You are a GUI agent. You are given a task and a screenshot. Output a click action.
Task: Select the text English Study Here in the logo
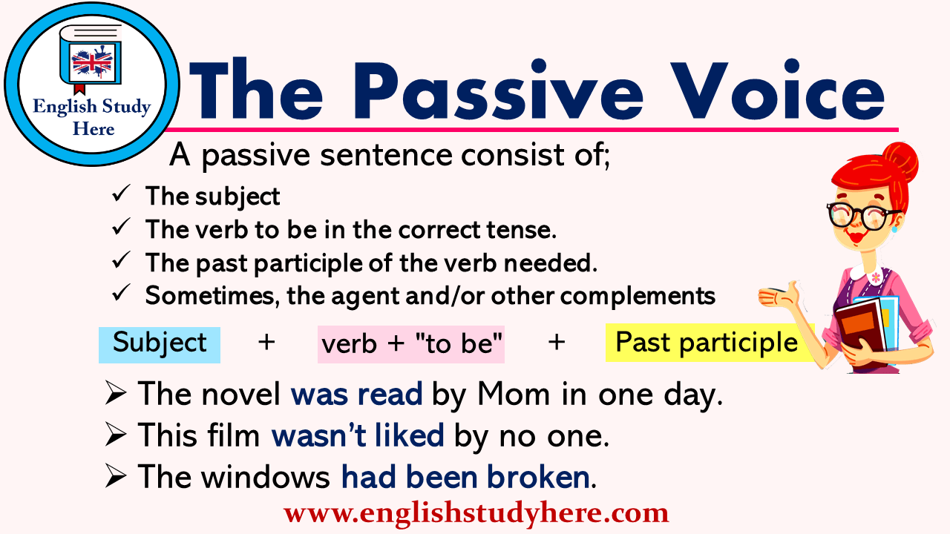92,117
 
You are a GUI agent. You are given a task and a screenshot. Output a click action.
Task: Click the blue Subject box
160,344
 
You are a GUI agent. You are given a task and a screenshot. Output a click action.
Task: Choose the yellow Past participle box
707,343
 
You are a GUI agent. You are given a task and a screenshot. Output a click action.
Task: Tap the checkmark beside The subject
120,195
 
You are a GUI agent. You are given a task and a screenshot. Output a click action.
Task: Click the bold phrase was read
356,395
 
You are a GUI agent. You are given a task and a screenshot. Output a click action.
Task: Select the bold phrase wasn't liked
358,436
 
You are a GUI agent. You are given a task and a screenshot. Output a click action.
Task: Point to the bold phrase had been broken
465,478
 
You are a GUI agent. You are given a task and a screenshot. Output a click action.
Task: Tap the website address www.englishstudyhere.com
476,513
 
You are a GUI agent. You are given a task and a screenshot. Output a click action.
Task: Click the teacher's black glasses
863,214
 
